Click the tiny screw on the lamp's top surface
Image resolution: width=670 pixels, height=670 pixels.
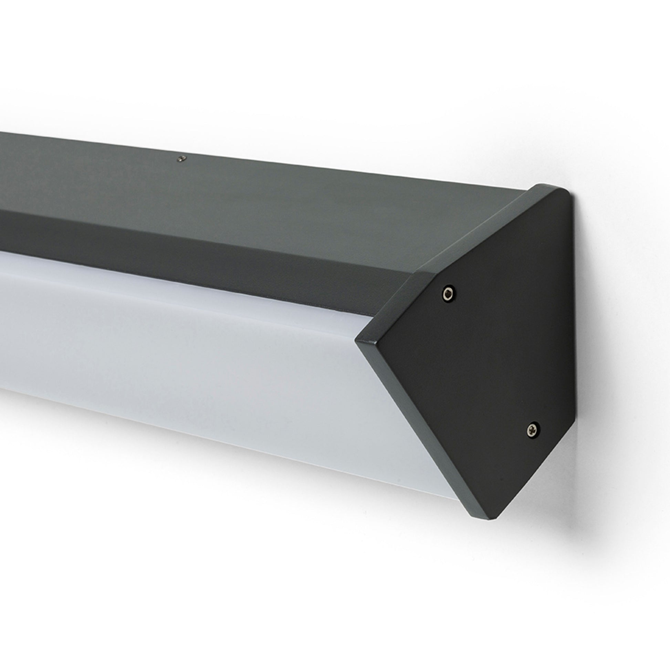(181, 158)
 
